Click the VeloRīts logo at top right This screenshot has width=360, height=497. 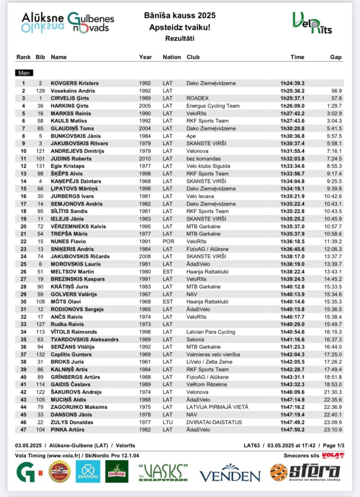pos(312,23)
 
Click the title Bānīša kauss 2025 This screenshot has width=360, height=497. pos(180,16)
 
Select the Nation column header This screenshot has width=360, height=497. pos(172,57)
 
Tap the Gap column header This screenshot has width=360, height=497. pos(336,57)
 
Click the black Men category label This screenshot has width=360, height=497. pos(24,73)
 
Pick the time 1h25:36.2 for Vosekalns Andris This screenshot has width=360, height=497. pos(293,91)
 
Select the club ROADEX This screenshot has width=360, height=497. pos(197,99)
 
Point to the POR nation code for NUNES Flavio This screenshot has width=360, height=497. pos(168,241)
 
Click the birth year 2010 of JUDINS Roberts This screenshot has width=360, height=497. pos(145,159)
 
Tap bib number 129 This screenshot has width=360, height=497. pos(40,91)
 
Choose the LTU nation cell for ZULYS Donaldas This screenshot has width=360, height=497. pos(168,422)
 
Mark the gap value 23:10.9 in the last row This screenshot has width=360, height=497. pos(333,430)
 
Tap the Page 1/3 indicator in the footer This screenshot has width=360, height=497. pos(332,446)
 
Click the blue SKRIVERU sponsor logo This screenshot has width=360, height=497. pos(88,471)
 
